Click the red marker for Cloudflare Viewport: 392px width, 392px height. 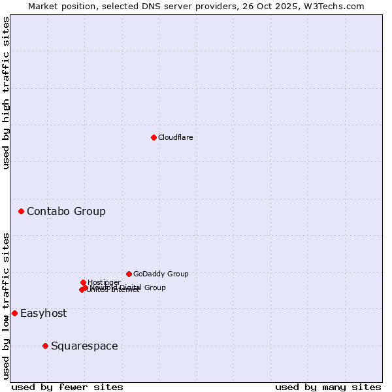pos(154,137)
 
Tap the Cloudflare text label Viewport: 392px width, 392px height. pos(175,137)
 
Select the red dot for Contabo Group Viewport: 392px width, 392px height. pos(22,211)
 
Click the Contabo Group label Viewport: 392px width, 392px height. pos(66,211)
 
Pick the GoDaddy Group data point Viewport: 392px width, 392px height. pos(129,274)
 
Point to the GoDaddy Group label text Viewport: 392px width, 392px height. pos(161,274)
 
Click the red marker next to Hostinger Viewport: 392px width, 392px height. pos(83,282)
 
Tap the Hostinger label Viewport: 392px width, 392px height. pos(104,282)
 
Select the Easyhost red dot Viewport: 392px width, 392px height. pos(14,313)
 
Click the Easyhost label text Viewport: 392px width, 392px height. pos(43,313)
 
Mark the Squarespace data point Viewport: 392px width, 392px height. pos(45,346)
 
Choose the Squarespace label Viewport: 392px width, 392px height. pos(84,346)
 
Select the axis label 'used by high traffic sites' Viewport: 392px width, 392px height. pos(6,93)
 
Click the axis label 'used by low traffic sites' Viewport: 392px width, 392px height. pos(6,306)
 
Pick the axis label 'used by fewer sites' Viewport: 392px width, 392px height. pos(67,387)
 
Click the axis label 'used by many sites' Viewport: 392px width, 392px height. pos(328,387)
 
